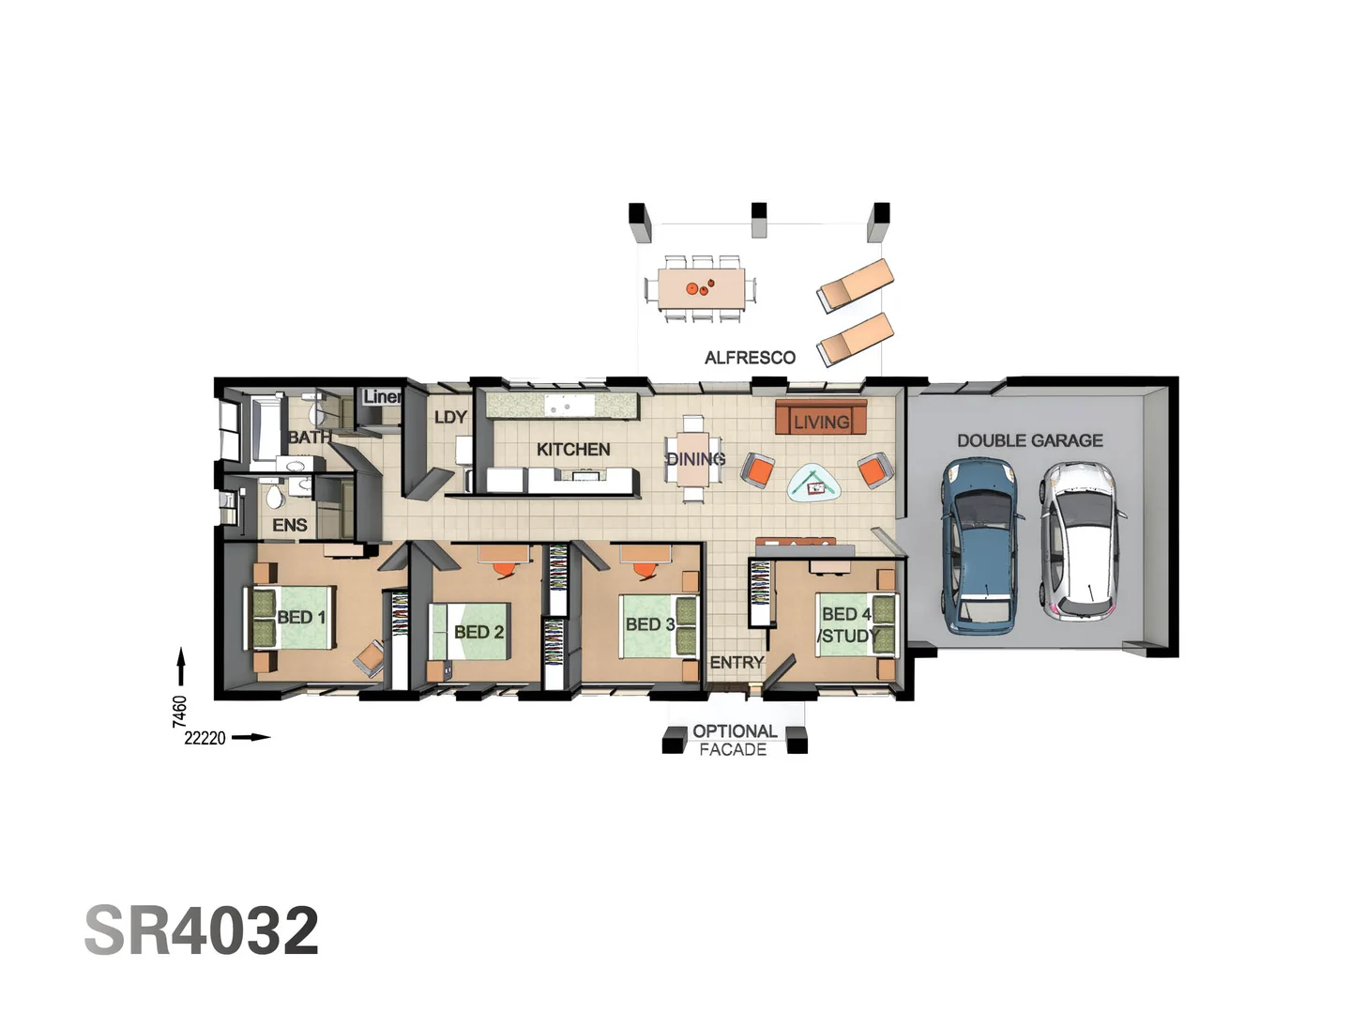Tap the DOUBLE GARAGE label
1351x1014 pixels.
pos(1029,440)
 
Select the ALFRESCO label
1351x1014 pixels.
pos(750,358)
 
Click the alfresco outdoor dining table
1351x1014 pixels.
pos(701,288)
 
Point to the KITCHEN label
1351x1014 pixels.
pos(573,450)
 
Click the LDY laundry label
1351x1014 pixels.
pos(450,417)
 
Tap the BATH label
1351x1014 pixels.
pos(309,438)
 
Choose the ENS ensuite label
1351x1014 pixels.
pos(289,525)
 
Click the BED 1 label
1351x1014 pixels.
pos(300,617)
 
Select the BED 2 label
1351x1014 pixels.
pos(478,632)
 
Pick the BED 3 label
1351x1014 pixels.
pos(650,624)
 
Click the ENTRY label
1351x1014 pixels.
pos(736,663)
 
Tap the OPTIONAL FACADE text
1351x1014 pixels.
pos(734,740)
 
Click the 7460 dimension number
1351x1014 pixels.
pos(180,711)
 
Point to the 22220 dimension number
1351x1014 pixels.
pos(205,738)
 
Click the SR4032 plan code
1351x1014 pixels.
pos(202,930)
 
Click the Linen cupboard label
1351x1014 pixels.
pos(382,397)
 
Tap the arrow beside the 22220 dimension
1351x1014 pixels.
pos(250,737)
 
